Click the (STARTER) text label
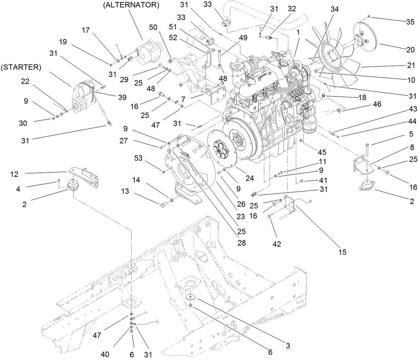pos(21,67)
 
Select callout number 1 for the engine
pos(298,33)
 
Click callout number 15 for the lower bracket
pos(342,252)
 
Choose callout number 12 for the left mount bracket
pos(14,174)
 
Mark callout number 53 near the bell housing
pos(138,158)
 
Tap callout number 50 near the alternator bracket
pos(153,28)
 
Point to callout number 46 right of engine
pos(377,104)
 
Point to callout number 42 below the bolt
pos(276,244)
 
